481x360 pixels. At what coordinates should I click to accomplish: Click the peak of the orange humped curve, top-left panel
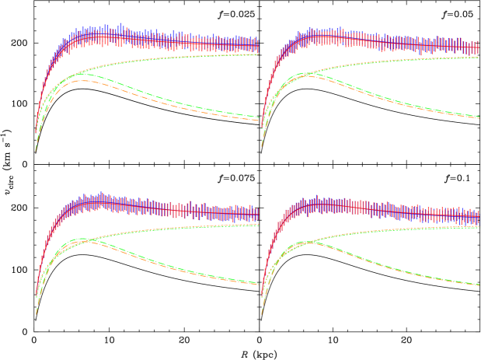coord(82,80)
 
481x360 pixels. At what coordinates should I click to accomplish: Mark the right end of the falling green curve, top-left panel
coord(258,117)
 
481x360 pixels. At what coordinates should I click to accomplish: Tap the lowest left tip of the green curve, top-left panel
coord(36,150)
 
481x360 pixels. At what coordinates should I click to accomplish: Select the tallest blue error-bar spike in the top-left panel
coord(120,25)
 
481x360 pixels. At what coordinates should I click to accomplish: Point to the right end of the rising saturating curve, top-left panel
coord(258,54)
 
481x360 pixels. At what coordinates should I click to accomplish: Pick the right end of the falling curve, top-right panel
coord(479,117)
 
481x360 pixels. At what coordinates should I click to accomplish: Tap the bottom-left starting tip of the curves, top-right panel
coord(261,145)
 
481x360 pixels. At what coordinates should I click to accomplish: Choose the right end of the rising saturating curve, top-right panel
coord(479,57)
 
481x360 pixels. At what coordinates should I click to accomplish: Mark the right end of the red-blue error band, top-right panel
coord(479,47)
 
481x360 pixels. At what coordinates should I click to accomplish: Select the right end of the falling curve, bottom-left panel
coord(258,284)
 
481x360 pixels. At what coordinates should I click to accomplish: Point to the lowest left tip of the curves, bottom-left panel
coord(36,314)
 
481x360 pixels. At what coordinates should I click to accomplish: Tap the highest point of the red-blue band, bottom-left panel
coord(102,194)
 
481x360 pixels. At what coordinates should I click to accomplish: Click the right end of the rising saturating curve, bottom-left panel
coord(258,224)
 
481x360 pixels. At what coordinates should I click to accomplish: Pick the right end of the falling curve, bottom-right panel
coord(479,285)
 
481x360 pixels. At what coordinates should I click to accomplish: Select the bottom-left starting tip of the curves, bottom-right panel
coord(261,314)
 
